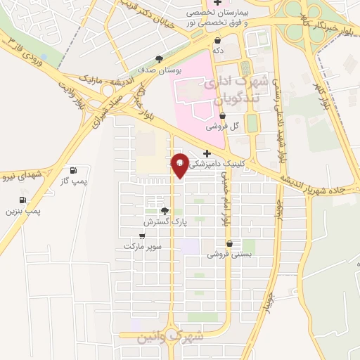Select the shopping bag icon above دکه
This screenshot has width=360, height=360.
(x=218, y=40)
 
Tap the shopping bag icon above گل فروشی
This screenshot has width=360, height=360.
(x=222, y=116)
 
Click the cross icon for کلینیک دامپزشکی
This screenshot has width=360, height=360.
(x=207, y=153)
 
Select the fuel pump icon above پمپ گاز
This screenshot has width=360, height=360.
(x=73, y=171)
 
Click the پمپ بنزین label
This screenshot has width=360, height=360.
(x=24, y=211)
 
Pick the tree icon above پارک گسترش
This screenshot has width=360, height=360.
(x=165, y=210)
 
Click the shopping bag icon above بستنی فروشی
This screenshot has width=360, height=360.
(x=229, y=244)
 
